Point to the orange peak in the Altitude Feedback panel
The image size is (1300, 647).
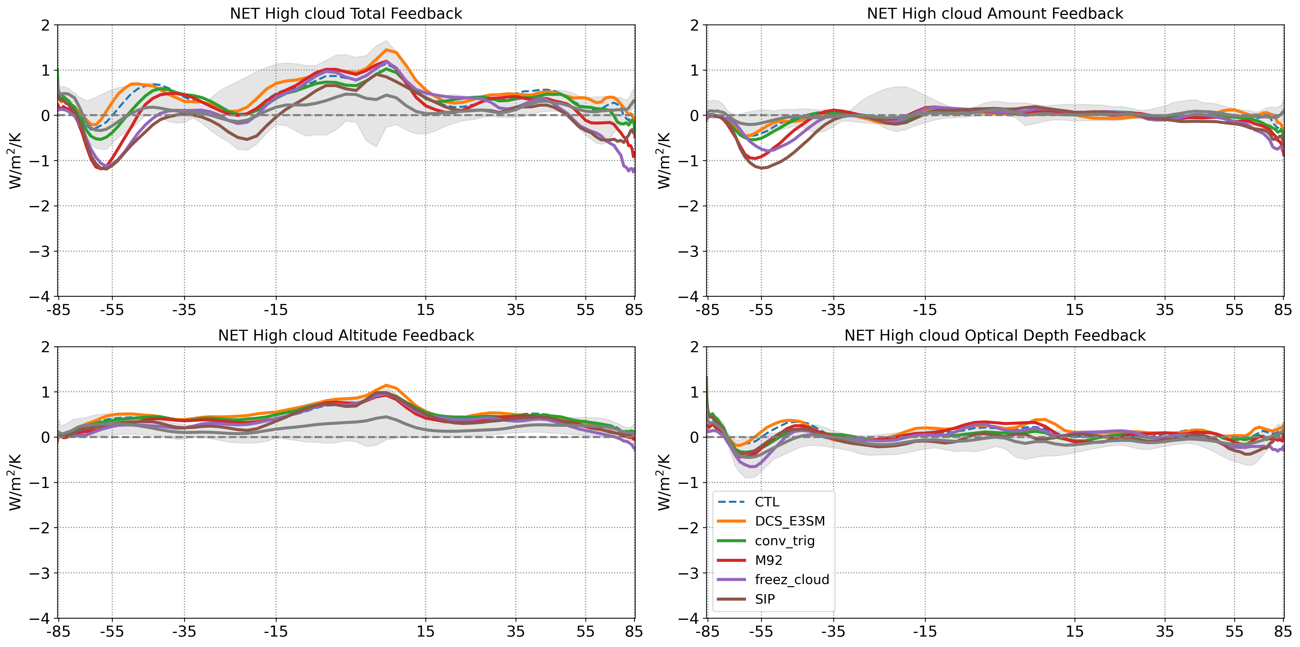[x=386, y=385]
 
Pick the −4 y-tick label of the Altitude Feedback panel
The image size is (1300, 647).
[x=39, y=618]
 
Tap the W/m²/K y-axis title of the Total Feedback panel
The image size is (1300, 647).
[x=15, y=160]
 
